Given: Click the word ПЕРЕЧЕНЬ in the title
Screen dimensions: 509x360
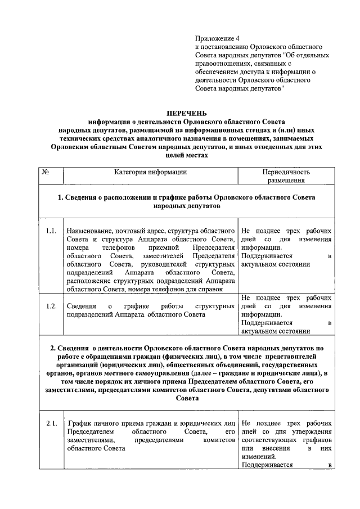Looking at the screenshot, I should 181,113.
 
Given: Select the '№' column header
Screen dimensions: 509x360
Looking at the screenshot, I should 44,172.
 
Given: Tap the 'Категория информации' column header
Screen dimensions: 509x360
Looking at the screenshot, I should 150,172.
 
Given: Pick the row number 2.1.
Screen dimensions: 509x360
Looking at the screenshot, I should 51,422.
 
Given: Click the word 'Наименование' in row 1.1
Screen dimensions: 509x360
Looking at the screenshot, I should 88,231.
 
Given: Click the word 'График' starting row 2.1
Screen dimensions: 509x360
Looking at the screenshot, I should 79,422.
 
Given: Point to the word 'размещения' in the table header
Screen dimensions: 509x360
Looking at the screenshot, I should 286,181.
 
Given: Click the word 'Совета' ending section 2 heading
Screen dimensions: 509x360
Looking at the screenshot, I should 181,398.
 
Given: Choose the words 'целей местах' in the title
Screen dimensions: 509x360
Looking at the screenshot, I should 181,155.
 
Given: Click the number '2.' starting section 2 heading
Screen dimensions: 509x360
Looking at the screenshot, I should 54,348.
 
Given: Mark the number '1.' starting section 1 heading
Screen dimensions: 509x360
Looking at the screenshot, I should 61,198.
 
